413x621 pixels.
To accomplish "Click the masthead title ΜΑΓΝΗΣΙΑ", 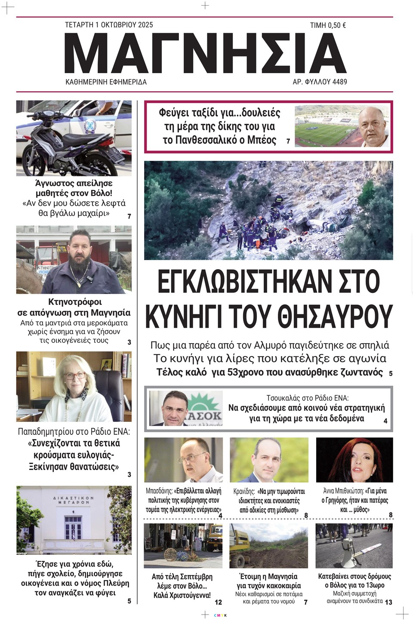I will click(x=205, y=53).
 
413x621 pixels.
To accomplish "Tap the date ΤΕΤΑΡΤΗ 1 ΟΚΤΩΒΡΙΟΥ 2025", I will click(x=109, y=25).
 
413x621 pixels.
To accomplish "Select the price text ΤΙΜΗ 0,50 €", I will click(x=328, y=25).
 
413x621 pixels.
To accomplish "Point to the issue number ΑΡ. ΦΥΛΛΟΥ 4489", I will click(x=320, y=82).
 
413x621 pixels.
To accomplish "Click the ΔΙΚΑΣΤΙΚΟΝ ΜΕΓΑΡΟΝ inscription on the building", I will click(x=74, y=500).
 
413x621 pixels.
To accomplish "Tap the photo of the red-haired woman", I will click(x=354, y=459).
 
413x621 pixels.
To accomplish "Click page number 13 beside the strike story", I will click(x=388, y=602).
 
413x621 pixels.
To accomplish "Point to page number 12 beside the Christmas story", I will click(x=218, y=602).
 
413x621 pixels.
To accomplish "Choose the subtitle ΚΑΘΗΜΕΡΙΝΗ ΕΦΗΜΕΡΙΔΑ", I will click(x=106, y=82).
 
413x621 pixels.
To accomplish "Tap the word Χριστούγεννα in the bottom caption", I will click(x=191, y=595).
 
